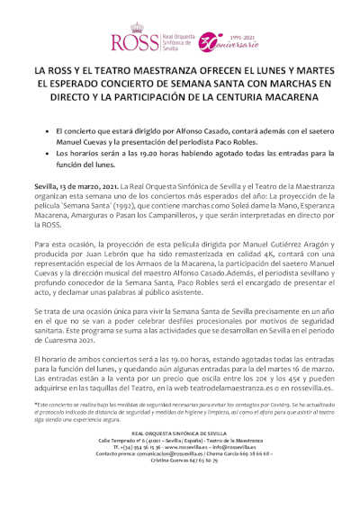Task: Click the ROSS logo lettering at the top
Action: [130, 41]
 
